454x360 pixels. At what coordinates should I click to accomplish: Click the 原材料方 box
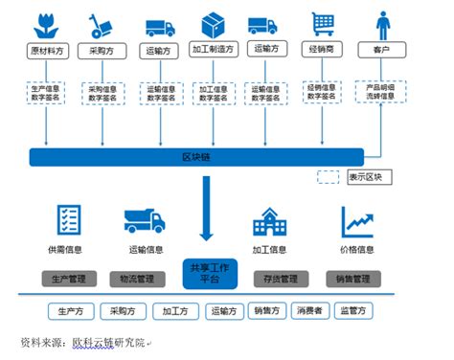[x=45, y=50]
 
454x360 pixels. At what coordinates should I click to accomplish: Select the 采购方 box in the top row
[x=102, y=50]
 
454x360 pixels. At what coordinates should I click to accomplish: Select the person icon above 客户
[x=382, y=22]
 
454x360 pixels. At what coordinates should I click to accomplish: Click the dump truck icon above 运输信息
[x=144, y=221]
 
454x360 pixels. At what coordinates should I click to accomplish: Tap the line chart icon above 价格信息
[x=355, y=221]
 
